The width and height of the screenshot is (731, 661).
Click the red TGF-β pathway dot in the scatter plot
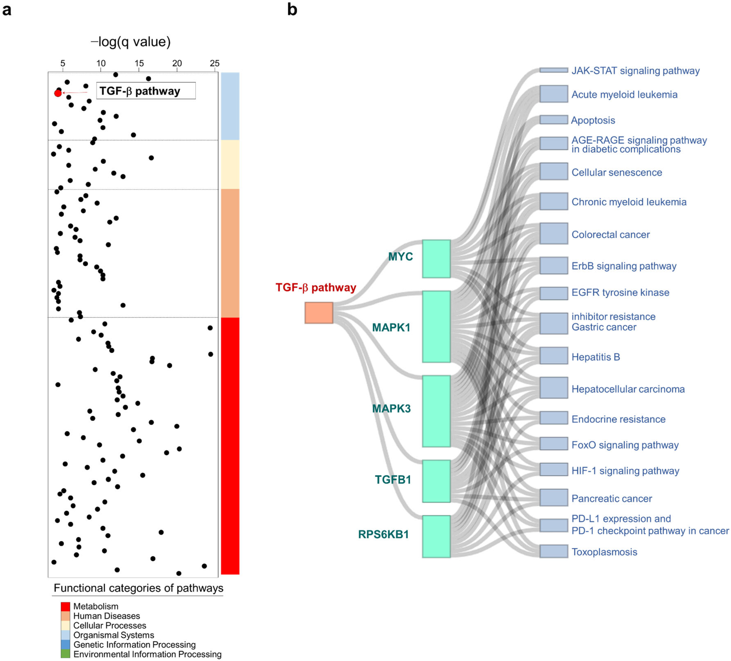click(58, 93)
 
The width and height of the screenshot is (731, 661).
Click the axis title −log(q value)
click(130, 42)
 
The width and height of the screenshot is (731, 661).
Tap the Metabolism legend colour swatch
click(65, 606)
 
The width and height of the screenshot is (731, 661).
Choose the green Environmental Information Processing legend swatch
click(65, 654)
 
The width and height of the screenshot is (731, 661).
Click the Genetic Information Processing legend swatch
click(65, 645)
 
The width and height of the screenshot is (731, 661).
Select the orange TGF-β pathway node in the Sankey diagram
click(319, 313)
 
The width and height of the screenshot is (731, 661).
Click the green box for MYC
click(436, 259)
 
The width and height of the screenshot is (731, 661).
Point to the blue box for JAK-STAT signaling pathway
click(553, 70)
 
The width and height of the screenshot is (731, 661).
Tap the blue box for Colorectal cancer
click(553, 233)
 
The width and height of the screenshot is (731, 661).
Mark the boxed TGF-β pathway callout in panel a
click(146, 91)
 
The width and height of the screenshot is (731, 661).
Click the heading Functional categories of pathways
click(138, 588)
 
